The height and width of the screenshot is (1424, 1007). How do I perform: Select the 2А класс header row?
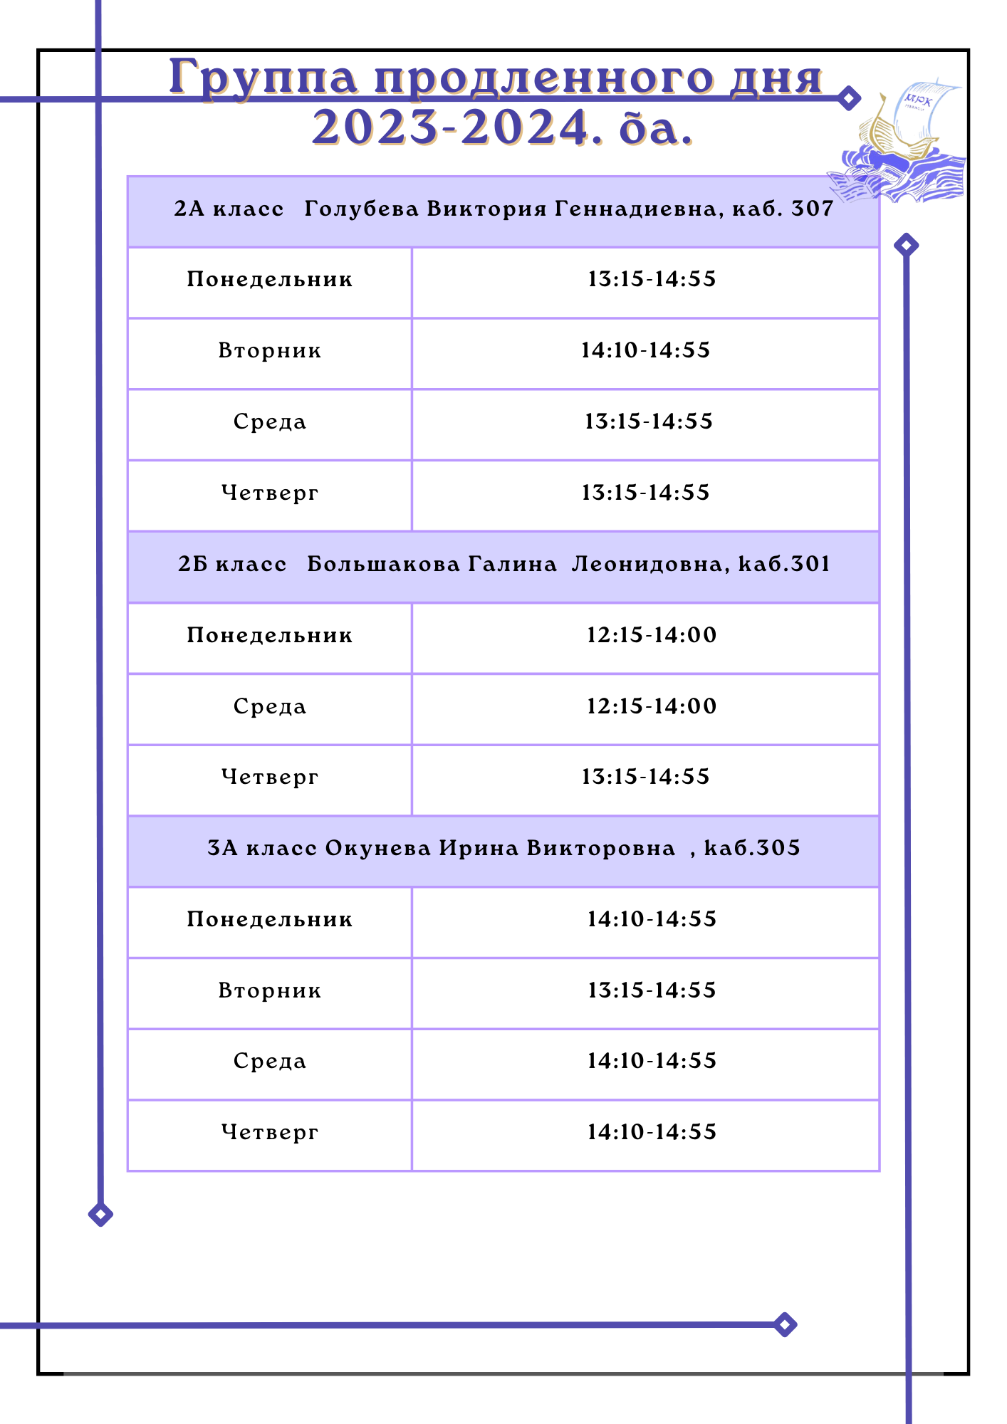[x=503, y=209]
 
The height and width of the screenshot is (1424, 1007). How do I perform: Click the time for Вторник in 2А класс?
[x=645, y=350]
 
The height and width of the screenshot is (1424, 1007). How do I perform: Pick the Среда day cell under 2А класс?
[x=270, y=422]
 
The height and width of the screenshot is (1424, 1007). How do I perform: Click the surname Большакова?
[x=383, y=564]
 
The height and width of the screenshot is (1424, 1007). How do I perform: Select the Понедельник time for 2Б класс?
[x=651, y=635]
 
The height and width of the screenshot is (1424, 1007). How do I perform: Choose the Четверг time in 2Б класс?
[x=645, y=777]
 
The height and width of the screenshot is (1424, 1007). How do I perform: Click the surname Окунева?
[x=377, y=848]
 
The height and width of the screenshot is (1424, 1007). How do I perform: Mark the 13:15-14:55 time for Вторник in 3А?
[x=651, y=990]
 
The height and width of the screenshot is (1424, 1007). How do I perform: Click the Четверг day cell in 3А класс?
[x=270, y=1132]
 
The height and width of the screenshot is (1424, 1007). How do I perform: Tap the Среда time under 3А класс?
[x=651, y=1061]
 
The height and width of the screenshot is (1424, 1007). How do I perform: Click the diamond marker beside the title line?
[x=848, y=98]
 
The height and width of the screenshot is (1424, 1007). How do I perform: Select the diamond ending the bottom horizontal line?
[x=784, y=1325]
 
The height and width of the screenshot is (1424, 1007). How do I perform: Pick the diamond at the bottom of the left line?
[x=100, y=1214]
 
